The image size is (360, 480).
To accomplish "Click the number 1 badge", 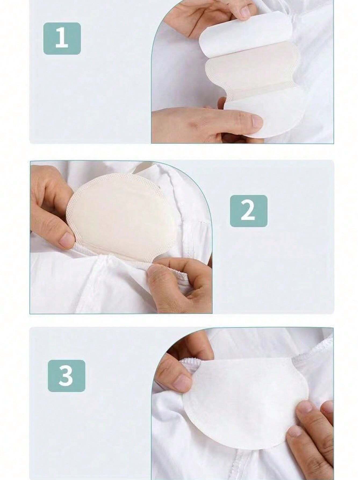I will [x=62, y=39].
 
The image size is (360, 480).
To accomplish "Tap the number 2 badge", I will [x=249, y=211].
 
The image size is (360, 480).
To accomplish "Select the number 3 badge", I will [x=66, y=376].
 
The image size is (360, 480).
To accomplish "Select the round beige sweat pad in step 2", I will [x=121, y=212].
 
